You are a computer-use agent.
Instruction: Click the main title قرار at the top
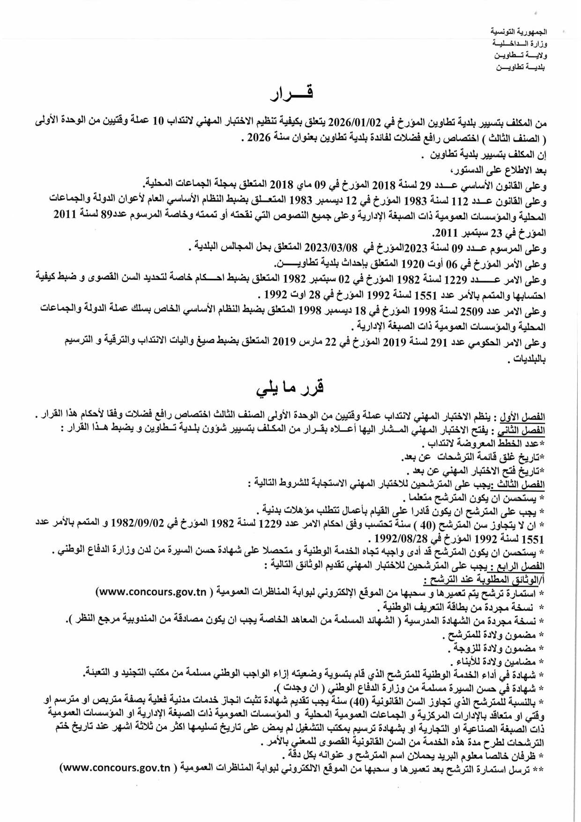click(291, 93)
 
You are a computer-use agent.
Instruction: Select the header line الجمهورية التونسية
click(519, 32)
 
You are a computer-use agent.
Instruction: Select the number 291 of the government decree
click(439, 343)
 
